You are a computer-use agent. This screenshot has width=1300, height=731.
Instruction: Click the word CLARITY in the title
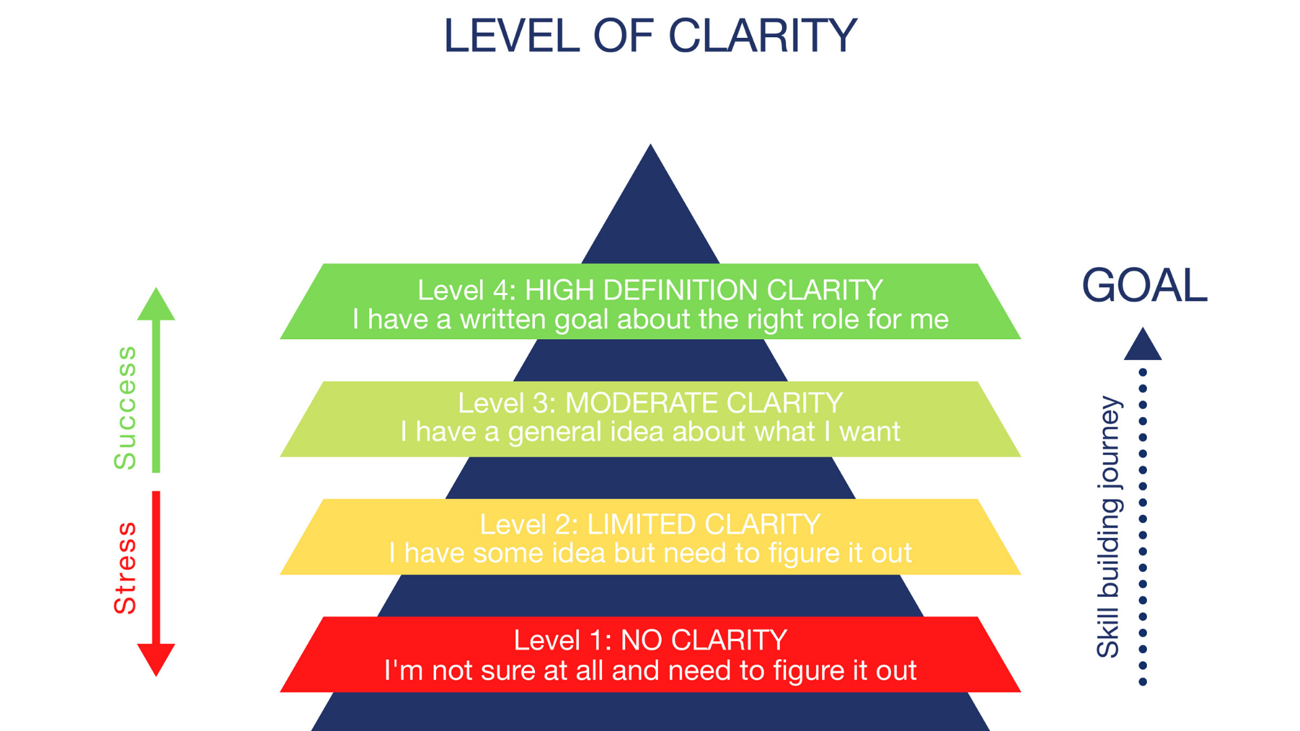tap(762, 36)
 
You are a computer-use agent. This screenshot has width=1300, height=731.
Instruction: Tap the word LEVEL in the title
tap(511, 36)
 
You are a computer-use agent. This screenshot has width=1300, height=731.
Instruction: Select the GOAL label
tap(1144, 286)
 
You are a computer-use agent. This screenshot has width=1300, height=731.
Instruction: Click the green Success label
tap(125, 407)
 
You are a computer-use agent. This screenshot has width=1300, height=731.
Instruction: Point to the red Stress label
tap(125, 568)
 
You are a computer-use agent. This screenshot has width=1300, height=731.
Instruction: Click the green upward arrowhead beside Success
tap(156, 305)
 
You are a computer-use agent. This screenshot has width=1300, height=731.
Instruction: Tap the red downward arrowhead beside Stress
tap(156, 659)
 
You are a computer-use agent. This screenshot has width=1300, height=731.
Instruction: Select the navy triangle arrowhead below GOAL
tap(1143, 345)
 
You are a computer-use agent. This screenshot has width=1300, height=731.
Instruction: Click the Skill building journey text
tap(1108, 527)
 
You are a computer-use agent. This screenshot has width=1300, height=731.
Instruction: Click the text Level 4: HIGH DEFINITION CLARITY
tap(650, 290)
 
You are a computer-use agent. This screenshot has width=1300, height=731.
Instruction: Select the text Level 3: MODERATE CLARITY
tap(650, 403)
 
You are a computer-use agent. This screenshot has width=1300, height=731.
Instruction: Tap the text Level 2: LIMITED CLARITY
tap(650, 525)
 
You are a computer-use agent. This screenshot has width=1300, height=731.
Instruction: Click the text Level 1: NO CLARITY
tap(650, 640)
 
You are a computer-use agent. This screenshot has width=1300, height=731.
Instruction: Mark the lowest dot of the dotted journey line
tap(1143, 682)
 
